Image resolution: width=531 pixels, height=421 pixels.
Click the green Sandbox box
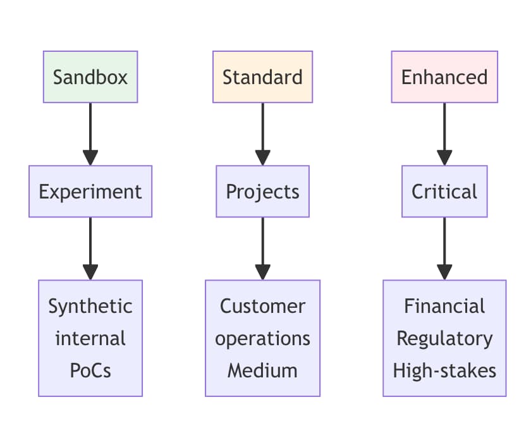click(x=90, y=77)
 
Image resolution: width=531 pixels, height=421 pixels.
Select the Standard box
click(x=262, y=77)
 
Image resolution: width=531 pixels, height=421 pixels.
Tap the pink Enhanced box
click(x=444, y=77)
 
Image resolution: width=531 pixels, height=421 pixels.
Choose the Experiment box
click(x=90, y=192)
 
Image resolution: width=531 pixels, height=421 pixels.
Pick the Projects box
click(x=262, y=192)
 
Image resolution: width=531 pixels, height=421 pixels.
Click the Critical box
click(x=444, y=192)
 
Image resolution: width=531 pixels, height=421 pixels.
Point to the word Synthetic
click(x=90, y=306)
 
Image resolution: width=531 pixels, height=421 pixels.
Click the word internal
click(x=90, y=338)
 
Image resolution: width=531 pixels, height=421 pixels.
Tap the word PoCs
click(x=90, y=370)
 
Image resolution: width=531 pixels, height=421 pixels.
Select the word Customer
click(x=262, y=306)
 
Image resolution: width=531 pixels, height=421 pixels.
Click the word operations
click(x=262, y=339)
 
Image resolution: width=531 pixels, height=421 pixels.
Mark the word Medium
click(x=262, y=370)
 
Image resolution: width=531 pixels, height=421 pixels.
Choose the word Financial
click(x=444, y=306)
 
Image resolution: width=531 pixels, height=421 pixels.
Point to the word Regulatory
click(x=444, y=339)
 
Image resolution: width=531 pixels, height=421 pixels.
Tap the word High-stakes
click(x=444, y=370)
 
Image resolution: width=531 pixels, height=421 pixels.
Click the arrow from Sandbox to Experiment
click(x=90, y=134)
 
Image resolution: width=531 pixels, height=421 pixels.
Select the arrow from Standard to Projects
click(x=262, y=134)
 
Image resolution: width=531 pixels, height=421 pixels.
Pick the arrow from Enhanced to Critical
click(x=444, y=134)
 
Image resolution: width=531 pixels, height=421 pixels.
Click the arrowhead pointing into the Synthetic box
click(x=90, y=272)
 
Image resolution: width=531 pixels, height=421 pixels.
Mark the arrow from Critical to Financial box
click(x=444, y=248)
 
